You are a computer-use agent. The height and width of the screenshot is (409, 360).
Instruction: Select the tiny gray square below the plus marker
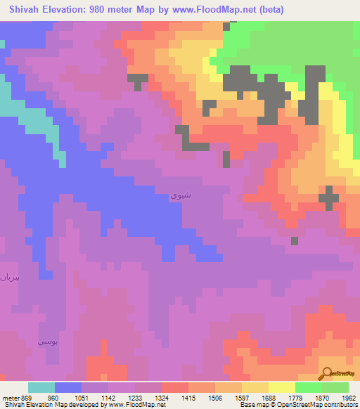click(x=294, y=240)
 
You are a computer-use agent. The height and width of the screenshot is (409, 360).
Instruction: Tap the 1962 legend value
click(x=349, y=397)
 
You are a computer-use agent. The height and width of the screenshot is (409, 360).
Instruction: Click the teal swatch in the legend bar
click(x=41, y=387)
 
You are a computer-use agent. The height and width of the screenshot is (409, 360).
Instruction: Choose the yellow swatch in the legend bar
click(x=281, y=387)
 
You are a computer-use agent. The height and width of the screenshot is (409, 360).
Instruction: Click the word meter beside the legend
click(x=11, y=397)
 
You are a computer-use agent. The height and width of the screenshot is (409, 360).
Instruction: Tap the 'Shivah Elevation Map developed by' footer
click(x=49, y=405)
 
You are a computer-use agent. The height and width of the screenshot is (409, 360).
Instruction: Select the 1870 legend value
click(x=321, y=397)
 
